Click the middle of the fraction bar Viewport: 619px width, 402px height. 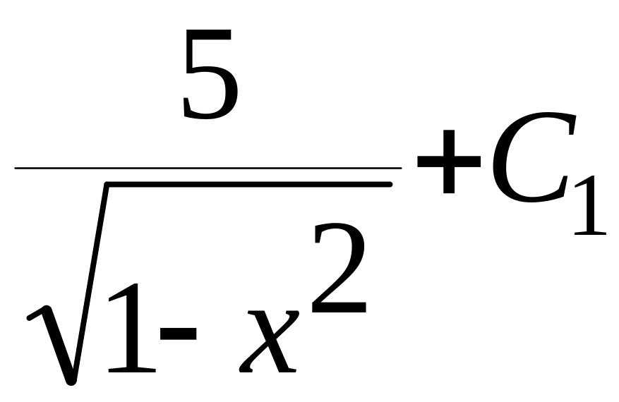(208, 169)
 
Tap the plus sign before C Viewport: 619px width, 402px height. (447, 165)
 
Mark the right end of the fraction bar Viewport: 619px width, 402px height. (399, 169)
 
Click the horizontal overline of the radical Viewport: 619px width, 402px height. (247, 185)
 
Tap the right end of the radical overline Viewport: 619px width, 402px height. (390, 185)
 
